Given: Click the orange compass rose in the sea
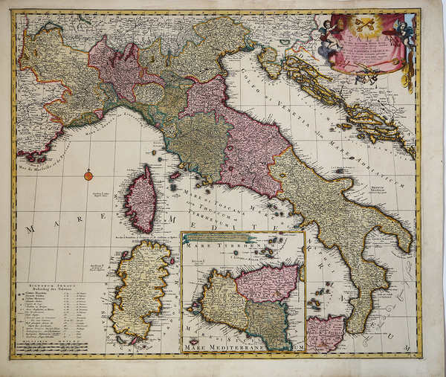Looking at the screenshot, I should tap(88, 175).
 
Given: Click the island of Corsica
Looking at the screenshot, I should tap(140, 199).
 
